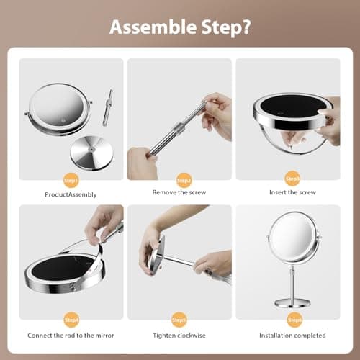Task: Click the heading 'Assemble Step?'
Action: pos(179,27)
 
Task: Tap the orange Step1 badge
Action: pos(71,179)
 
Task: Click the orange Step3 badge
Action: pos(292,179)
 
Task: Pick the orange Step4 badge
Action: pos(71,318)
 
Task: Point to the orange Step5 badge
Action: pos(180,318)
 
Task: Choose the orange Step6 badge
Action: pos(292,318)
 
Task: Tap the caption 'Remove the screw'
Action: pos(179,192)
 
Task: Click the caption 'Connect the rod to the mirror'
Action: pos(71,335)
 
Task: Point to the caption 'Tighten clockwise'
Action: pos(179,335)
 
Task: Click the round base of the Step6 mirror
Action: pos(292,298)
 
